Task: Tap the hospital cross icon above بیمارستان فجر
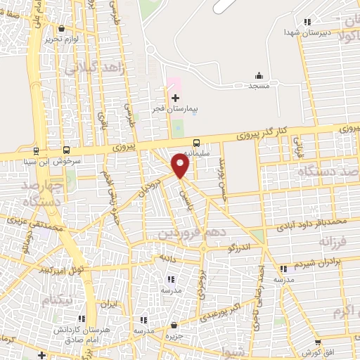pyautogui.click(x=175, y=97)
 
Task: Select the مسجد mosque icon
pyautogui.click(x=259, y=75)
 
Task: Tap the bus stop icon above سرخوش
pyautogui.click(x=66, y=150)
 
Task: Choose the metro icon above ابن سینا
pyautogui.click(x=36, y=150)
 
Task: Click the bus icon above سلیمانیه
pyautogui.click(x=196, y=142)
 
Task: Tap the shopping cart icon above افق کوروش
pyautogui.click(x=317, y=342)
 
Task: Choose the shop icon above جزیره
pyautogui.click(x=174, y=325)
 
